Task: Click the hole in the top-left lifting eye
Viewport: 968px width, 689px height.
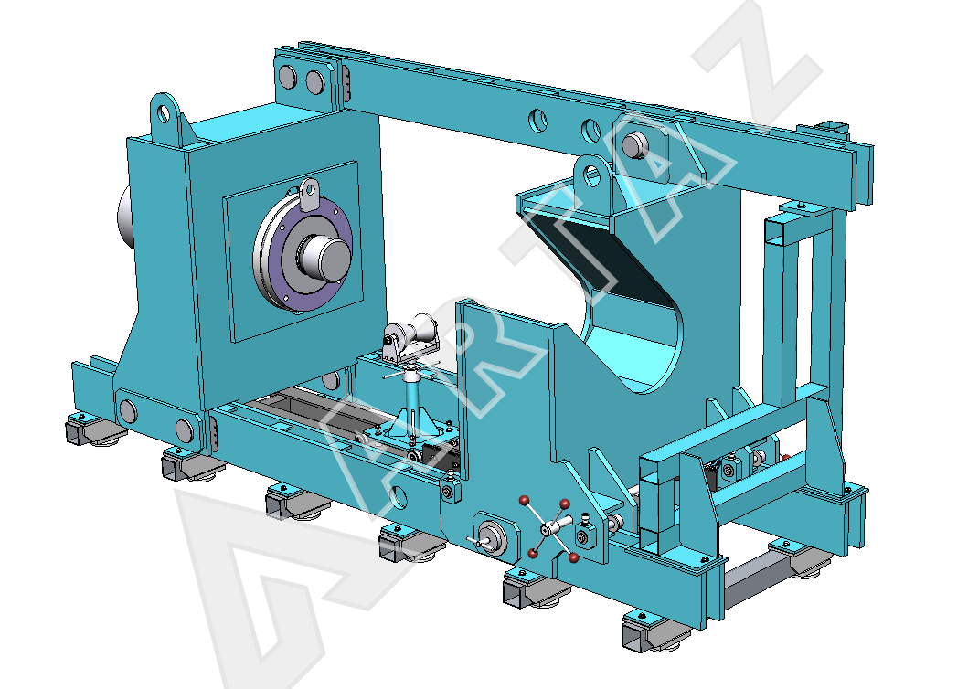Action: tap(164, 114)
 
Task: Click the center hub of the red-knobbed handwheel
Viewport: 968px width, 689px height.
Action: tap(550, 528)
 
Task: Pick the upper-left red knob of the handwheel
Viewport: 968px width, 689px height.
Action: tap(524, 500)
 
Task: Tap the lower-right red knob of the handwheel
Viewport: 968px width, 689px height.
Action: tap(574, 558)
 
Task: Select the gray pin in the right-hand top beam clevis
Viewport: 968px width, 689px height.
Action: tap(633, 146)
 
